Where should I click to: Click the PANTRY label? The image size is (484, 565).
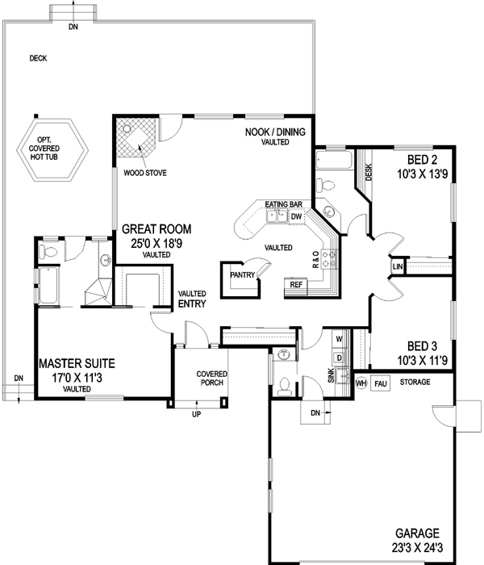point(242,274)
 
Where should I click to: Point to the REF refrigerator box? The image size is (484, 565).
point(296,285)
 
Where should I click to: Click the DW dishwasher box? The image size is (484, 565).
point(296,216)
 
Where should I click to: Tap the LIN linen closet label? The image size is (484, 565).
point(397,266)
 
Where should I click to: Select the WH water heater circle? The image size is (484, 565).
point(361,383)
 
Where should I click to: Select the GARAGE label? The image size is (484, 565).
point(417,534)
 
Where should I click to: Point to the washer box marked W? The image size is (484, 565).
point(339,339)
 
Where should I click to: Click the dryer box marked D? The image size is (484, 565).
point(339,357)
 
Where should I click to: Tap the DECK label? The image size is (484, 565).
point(38,58)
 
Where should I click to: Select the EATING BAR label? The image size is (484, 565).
point(282,204)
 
